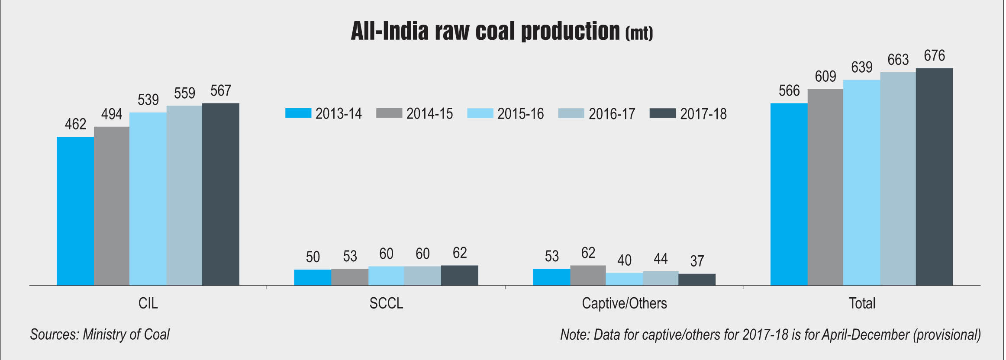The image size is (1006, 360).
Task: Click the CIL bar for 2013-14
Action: [75, 211]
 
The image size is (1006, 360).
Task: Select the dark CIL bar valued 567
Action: [221, 194]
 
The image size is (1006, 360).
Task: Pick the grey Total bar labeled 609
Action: [825, 187]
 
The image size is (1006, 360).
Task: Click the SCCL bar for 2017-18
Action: [460, 276]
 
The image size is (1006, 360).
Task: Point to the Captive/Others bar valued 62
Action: [588, 276]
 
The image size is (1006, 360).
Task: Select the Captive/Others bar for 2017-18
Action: [697, 280]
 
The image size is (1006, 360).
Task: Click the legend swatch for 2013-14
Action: [298, 113]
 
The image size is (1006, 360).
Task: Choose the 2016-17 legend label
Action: [611, 114]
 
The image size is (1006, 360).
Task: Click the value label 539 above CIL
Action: [148, 100]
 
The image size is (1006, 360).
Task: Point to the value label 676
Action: [934, 56]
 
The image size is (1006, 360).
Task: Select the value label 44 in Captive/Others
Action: [661, 259]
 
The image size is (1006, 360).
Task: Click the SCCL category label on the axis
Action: [386, 303]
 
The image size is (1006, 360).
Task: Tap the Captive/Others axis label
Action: [624, 303]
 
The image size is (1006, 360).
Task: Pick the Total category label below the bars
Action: [862, 303]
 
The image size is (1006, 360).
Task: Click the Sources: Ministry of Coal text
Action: [100, 334]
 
